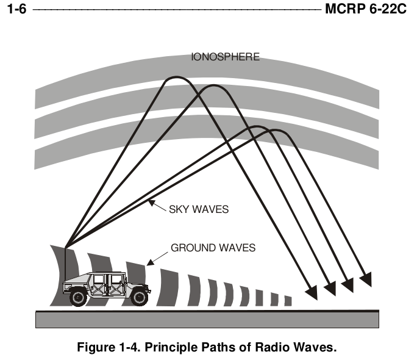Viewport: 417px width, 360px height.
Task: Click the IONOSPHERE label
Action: tap(225, 57)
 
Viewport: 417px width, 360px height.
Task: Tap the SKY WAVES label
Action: tap(199, 209)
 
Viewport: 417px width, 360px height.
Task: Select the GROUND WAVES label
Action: tap(213, 248)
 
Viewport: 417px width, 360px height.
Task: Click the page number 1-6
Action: tap(16, 9)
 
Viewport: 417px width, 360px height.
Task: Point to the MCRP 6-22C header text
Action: tap(366, 9)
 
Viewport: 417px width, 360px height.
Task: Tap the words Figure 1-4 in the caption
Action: tap(109, 347)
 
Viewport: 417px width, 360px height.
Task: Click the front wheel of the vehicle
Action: tap(140, 298)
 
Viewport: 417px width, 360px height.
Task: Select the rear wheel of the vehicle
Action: tap(79, 298)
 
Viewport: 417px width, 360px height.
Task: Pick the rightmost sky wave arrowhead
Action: tap(366, 279)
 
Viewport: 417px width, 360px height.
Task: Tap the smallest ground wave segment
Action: tap(288, 301)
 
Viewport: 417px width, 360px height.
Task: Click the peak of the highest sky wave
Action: tap(176, 77)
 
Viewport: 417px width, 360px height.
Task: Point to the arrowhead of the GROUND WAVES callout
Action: tap(150, 262)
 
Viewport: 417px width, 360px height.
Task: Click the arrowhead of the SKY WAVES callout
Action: tap(151, 203)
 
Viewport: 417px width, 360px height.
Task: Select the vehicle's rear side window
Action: tap(98, 279)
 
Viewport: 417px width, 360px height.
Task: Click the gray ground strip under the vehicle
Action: tap(207, 320)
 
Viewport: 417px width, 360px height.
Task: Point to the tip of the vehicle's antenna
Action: tap(65, 248)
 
